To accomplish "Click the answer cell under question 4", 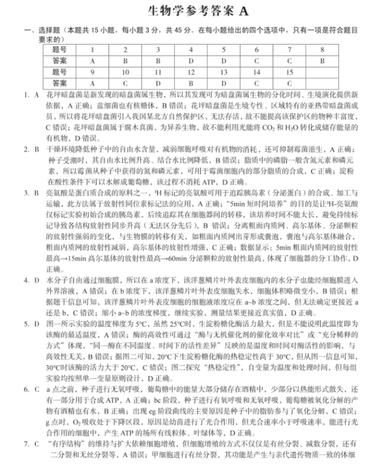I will point(190,61).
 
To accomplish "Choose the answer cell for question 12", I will point(190,83).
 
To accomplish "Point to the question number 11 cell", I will point(158,72).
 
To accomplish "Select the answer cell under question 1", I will point(92,61).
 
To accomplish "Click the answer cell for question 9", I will point(92,83).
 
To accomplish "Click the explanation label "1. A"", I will point(31,95).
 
